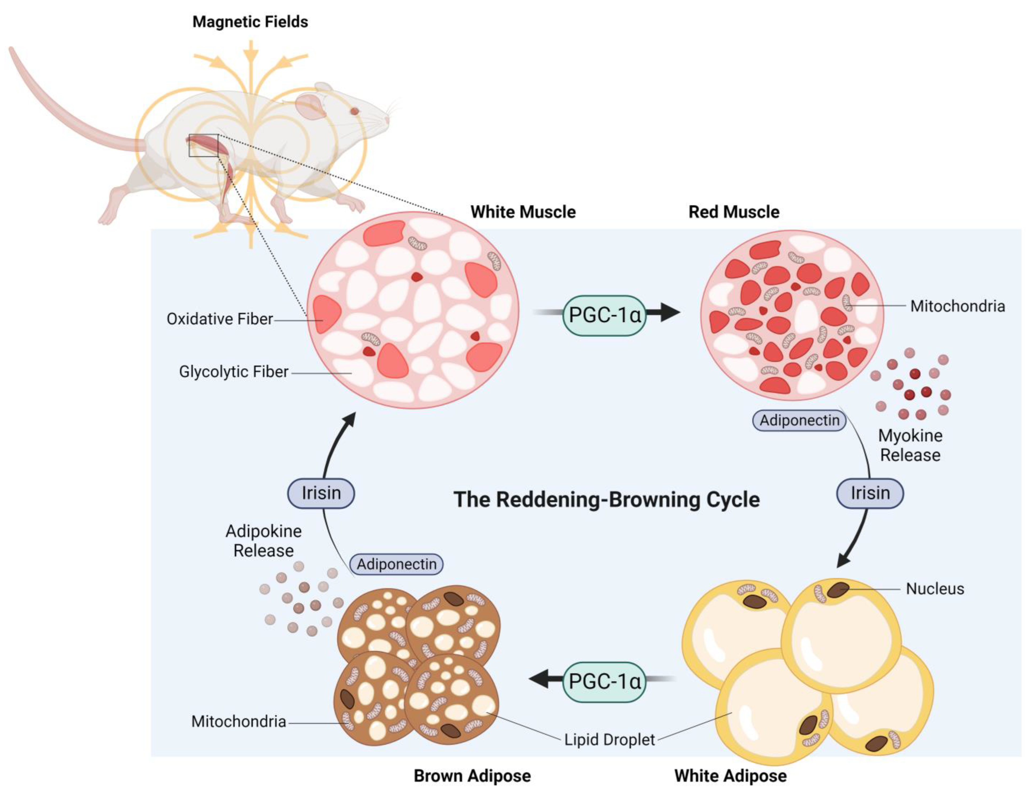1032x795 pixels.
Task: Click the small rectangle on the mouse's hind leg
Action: [x=203, y=145]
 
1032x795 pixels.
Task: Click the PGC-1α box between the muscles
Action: [x=604, y=315]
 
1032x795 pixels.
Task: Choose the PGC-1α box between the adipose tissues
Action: [x=604, y=681]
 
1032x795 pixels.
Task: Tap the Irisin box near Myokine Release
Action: [x=870, y=493]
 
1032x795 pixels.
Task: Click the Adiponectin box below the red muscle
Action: [x=799, y=420]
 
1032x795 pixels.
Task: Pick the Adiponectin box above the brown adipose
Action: [x=396, y=564]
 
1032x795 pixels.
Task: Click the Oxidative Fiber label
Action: [x=220, y=319]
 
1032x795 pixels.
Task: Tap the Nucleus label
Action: [x=935, y=589]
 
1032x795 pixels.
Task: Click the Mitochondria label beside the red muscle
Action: [x=957, y=306]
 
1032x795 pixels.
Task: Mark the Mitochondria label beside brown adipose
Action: [x=239, y=721]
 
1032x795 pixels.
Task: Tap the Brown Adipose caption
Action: [x=472, y=775]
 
